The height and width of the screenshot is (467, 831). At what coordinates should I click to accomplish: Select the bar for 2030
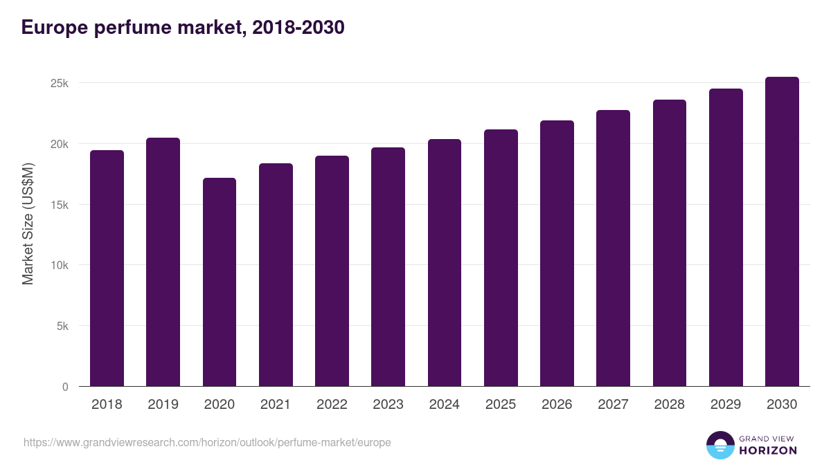click(782, 232)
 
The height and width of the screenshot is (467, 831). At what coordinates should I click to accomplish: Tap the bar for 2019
click(163, 262)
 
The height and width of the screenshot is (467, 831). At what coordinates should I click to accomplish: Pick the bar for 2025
click(501, 258)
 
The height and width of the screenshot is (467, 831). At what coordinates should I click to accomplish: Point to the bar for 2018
click(107, 268)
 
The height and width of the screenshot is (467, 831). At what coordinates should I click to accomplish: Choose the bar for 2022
click(332, 271)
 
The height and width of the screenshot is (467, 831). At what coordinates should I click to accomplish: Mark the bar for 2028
click(670, 243)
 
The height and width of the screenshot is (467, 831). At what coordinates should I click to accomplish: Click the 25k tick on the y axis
click(60, 84)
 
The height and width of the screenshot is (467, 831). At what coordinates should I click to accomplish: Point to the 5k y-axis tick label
click(63, 327)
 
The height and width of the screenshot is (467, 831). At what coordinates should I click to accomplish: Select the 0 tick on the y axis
click(65, 387)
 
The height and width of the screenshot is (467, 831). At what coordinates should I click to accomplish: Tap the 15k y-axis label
click(60, 205)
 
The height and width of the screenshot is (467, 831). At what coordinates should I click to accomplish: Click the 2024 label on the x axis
click(444, 405)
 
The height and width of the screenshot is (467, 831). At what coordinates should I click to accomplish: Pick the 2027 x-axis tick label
click(613, 405)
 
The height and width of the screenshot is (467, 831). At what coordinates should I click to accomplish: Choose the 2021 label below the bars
click(276, 405)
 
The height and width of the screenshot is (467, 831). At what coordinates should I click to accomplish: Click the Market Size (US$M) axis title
click(28, 224)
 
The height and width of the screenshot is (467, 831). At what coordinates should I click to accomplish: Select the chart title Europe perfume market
click(183, 28)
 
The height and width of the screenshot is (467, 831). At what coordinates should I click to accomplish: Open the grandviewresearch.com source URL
click(207, 443)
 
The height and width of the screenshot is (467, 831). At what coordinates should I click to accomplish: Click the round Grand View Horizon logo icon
click(720, 445)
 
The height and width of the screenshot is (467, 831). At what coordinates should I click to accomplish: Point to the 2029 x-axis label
click(726, 405)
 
